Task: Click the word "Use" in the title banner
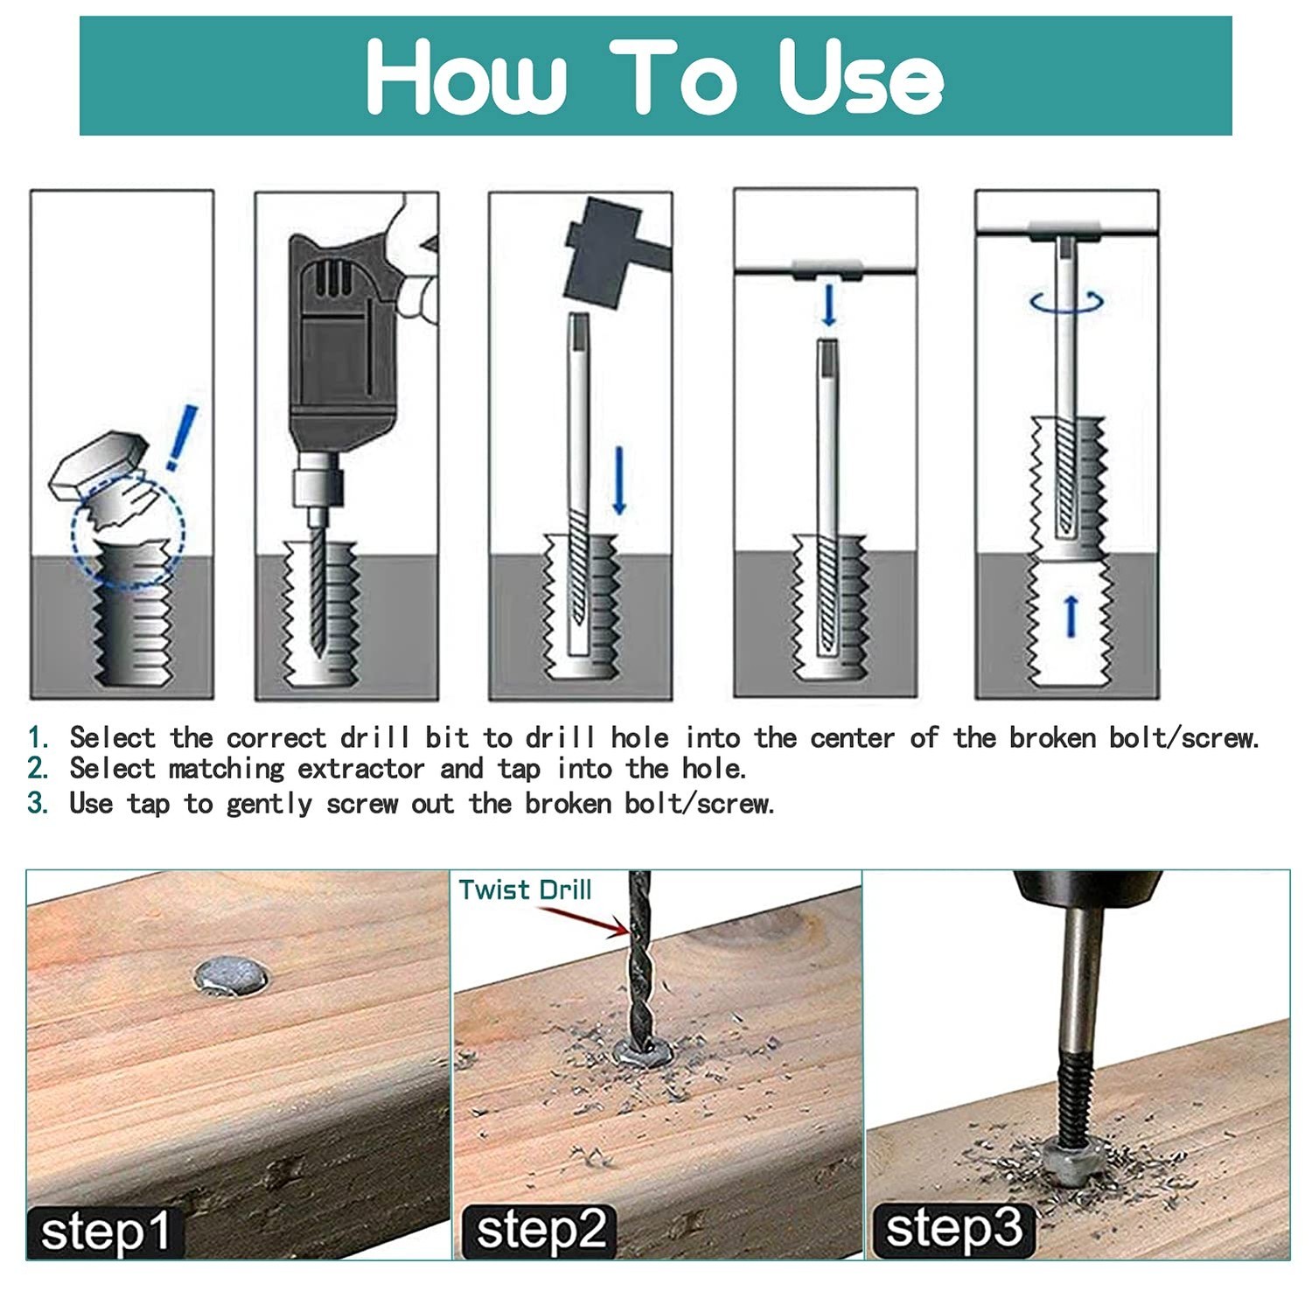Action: pos(861,77)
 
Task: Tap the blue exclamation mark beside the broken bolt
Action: pos(182,437)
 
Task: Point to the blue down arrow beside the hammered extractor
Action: pos(619,480)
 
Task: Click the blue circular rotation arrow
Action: pos(1066,302)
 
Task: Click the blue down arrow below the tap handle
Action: pos(828,305)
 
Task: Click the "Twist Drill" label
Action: pos(525,890)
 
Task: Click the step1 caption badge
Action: pos(104,1232)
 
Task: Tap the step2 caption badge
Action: pos(540,1230)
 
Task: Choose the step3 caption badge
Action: pos(954,1227)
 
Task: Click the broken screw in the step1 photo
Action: pos(231,975)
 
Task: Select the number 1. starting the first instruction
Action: pos(38,737)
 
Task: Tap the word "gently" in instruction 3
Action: pos(269,804)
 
